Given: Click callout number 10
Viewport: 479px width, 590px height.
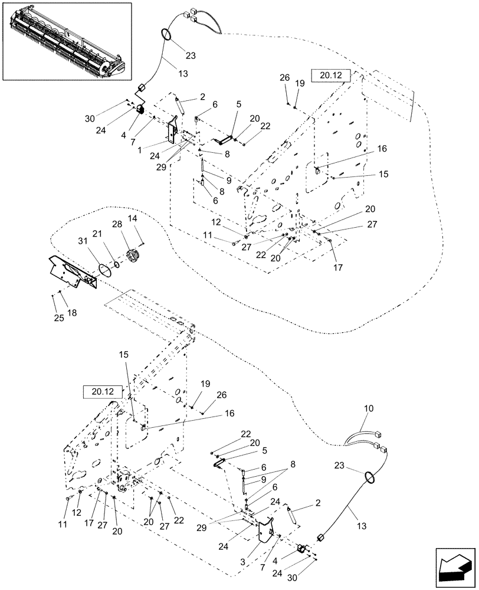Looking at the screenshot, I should (x=369, y=408).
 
